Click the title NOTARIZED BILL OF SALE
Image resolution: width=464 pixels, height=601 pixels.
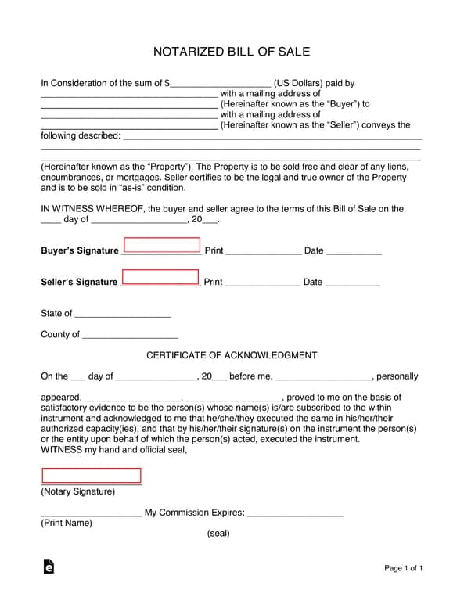(232, 52)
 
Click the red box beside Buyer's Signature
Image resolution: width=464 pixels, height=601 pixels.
(161, 246)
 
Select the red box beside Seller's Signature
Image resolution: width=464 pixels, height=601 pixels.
(160, 277)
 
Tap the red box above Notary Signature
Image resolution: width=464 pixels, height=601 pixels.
(91, 476)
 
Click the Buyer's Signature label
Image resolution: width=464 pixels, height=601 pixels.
(79, 251)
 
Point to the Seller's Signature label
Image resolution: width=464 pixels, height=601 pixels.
(79, 283)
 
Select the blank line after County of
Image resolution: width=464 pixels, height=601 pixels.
(130, 336)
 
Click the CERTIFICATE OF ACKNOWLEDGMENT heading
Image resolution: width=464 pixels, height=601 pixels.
(232, 355)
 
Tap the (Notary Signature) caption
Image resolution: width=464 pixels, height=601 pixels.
(77, 492)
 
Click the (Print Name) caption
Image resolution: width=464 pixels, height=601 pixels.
(67, 524)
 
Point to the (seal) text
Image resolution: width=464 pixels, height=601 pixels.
(218, 534)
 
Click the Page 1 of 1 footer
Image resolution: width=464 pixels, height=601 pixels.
(404, 568)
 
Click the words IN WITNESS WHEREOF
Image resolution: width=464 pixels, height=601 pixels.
(92, 209)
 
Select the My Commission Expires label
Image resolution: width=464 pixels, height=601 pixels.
(195, 513)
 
